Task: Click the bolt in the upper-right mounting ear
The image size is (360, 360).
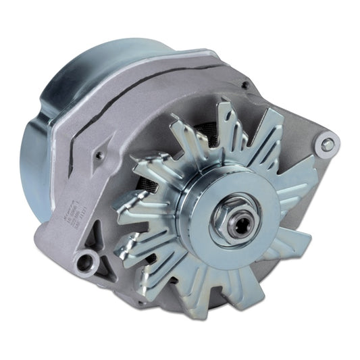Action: [328, 144]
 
